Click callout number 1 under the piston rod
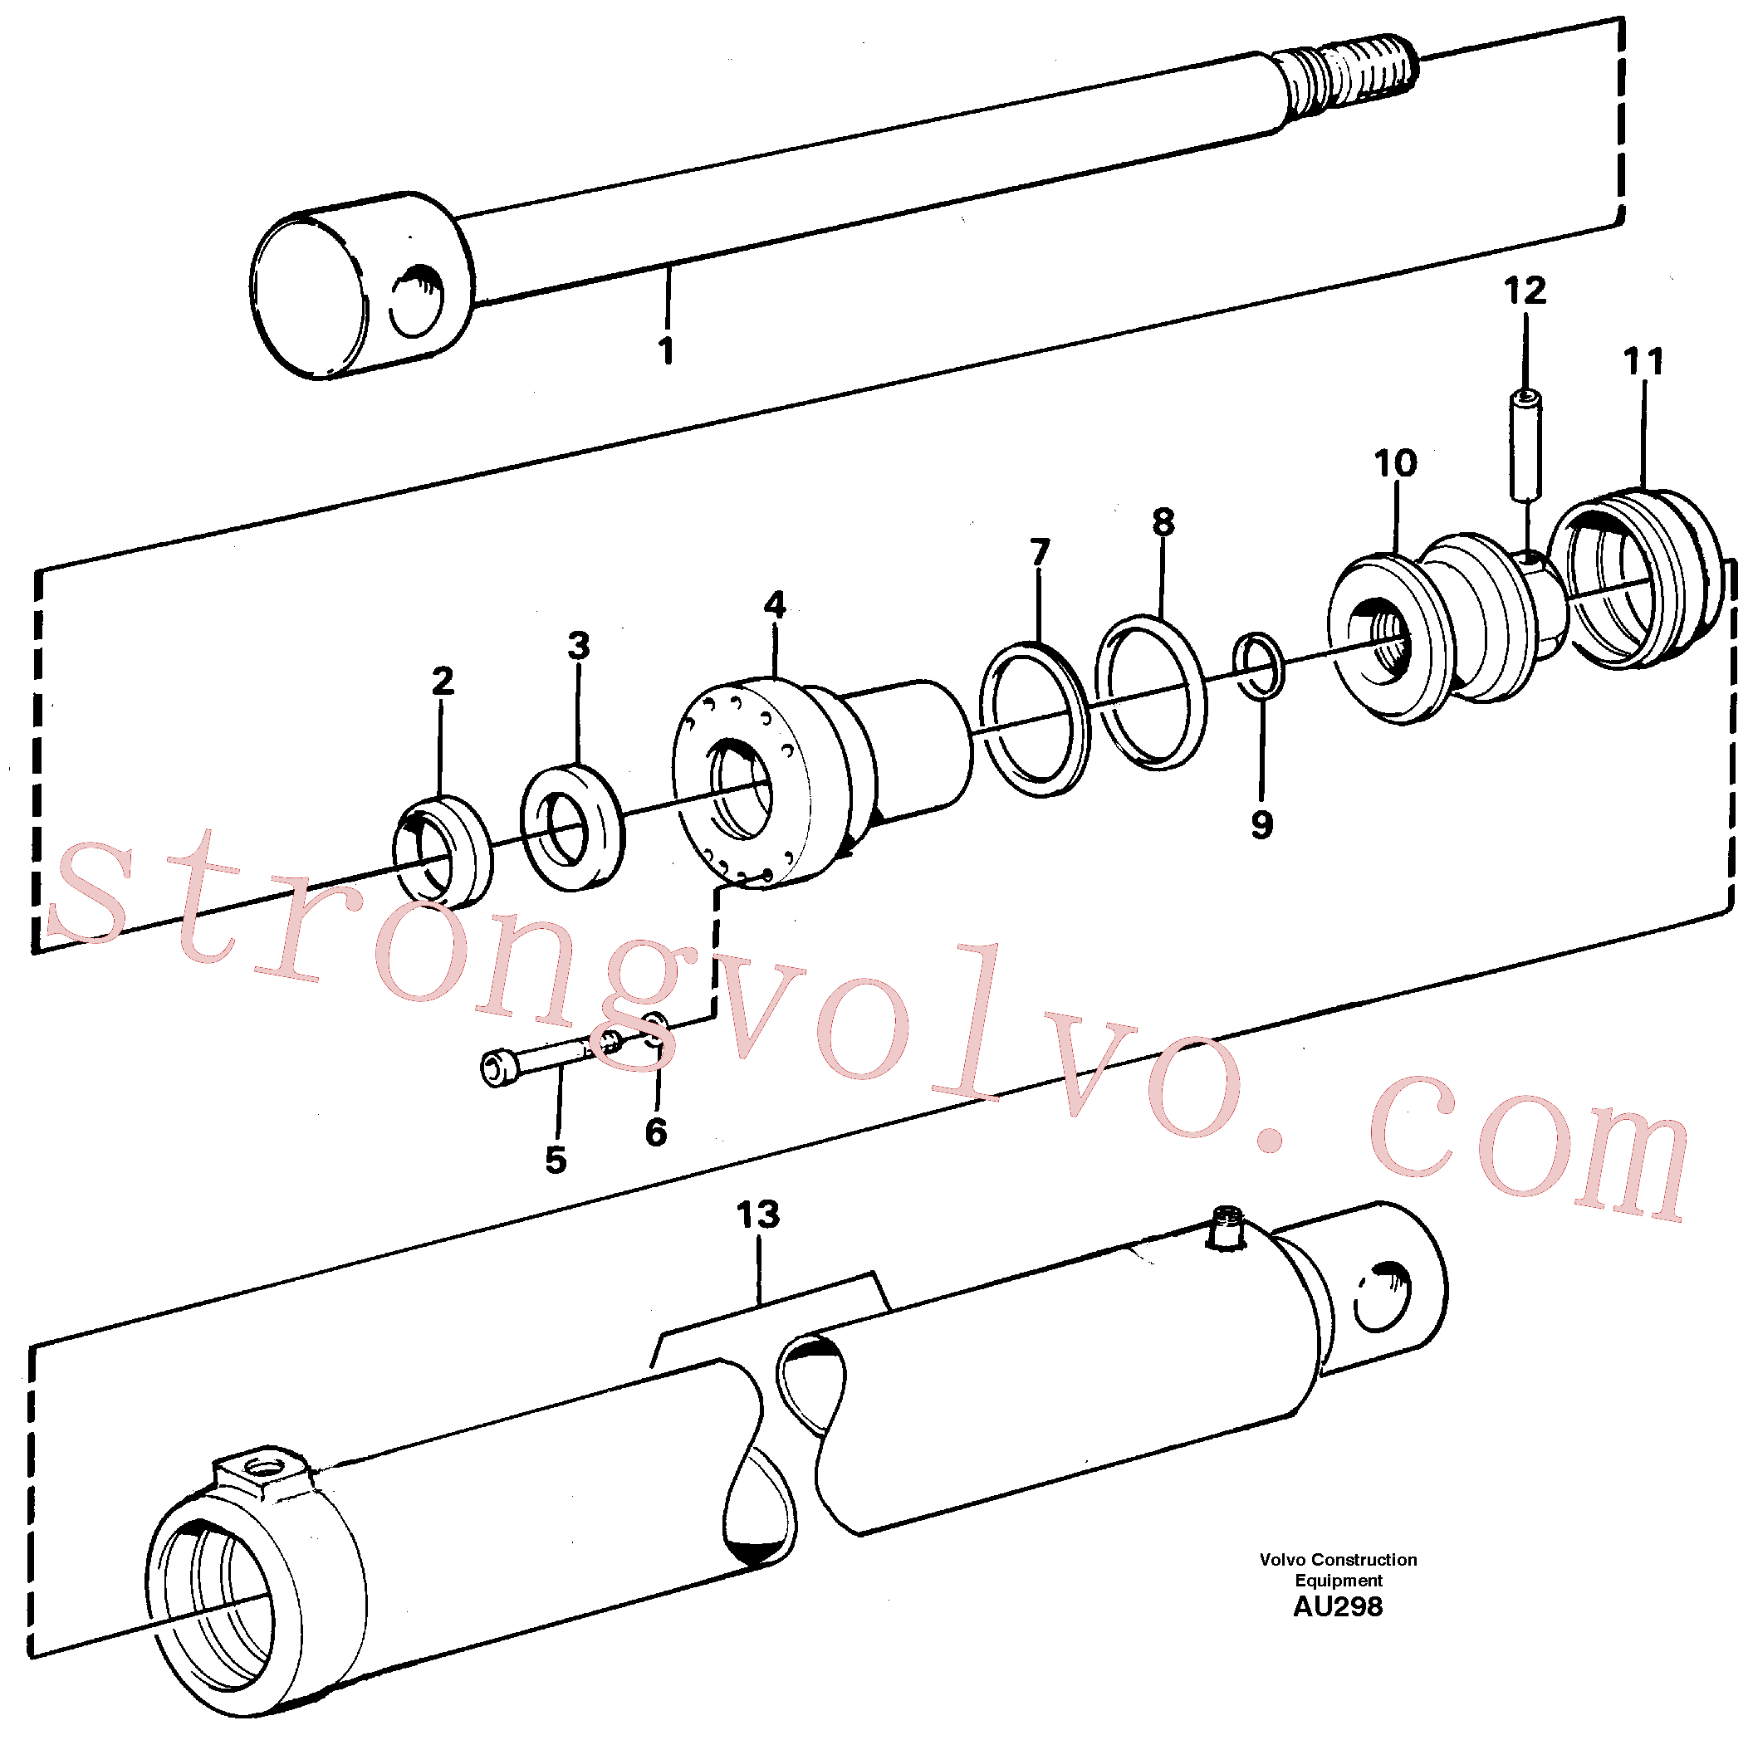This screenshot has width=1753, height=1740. (667, 350)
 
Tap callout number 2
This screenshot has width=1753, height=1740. (443, 681)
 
